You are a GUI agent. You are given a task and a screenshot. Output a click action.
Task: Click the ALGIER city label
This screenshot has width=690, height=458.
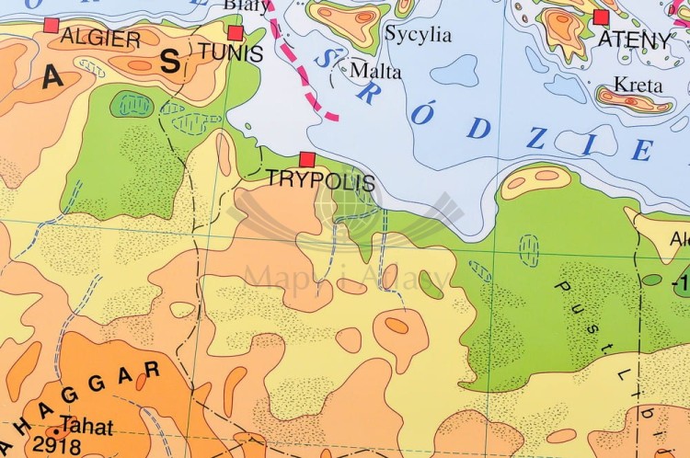point(100,39)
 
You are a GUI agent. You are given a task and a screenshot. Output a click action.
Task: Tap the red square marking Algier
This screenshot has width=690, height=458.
point(52,25)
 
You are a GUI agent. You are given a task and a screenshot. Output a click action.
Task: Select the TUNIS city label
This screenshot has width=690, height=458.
point(230,53)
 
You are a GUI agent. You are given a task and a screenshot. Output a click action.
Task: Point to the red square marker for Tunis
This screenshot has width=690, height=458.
point(235,33)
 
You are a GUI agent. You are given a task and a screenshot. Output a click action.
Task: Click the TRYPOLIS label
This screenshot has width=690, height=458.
point(320,180)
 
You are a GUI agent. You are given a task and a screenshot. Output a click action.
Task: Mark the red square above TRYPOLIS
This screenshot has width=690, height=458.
point(307,160)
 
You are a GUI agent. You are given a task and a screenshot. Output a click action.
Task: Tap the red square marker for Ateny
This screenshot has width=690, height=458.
point(602,17)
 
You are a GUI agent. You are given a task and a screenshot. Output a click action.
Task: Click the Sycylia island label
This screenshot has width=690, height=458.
point(418,36)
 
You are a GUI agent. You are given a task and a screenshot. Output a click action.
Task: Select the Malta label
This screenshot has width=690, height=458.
point(375,70)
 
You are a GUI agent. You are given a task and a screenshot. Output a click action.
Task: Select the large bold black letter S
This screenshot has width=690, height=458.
point(170,62)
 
